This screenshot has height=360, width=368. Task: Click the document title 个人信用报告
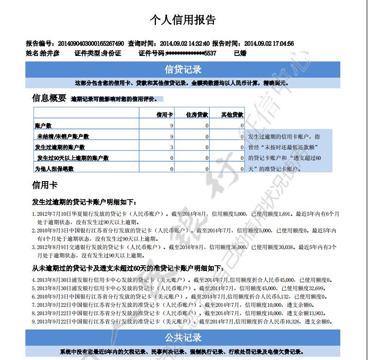coord(183,20)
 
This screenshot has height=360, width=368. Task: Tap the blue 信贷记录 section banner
coord(183,70)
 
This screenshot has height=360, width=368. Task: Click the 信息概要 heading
coord(49,98)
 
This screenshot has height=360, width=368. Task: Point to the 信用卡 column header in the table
coord(164,115)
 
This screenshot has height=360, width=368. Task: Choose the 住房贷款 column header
coord(197,115)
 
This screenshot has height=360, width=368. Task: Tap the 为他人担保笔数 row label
coord(54,169)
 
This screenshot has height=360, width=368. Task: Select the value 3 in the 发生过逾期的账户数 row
coord(172,147)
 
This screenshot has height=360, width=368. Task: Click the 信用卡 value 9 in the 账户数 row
coord(172,126)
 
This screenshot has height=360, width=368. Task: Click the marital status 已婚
coord(240,53)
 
